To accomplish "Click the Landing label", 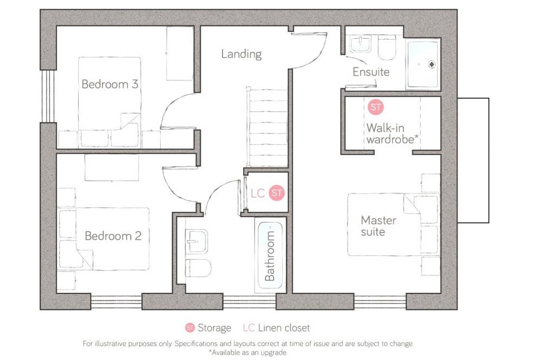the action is click(242, 54).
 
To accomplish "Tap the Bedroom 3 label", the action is click(110, 84).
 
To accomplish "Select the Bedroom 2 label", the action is click(113, 236).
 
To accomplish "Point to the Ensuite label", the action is click(371, 72).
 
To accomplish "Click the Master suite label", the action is click(378, 226).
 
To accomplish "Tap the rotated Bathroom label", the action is click(270, 255).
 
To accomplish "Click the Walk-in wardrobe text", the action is click(392, 134).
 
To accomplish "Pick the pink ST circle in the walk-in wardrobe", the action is click(376, 107).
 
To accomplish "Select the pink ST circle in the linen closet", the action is click(276, 193).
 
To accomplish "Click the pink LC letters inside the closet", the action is click(258, 193).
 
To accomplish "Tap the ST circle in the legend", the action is click(190, 328).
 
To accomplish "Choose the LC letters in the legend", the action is click(249, 328).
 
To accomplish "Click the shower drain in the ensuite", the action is click(432, 65).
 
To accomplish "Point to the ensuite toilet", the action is click(387, 47).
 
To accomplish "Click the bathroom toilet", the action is click(198, 268).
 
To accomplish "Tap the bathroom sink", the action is click(197, 242).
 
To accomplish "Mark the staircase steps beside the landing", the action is click(267, 127).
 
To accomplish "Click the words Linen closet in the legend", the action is click(283, 328).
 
